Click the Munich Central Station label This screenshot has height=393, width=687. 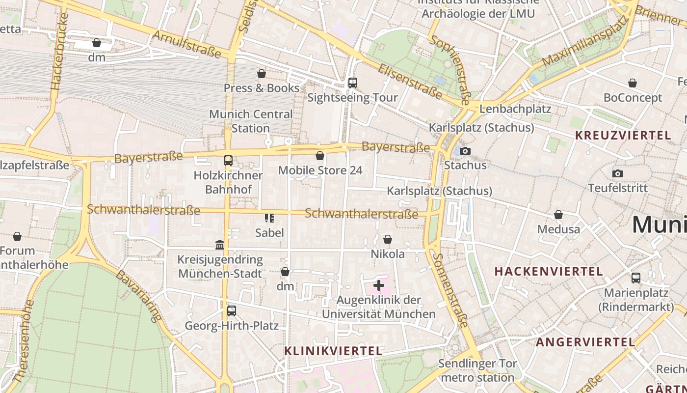click(x=251, y=121)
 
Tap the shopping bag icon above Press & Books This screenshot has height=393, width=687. click(x=262, y=74)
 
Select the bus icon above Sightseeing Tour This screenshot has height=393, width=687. click(x=352, y=83)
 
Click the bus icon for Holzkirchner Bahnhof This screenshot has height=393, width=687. click(x=228, y=161)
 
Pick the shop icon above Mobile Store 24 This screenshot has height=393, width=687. click(x=320, y=156)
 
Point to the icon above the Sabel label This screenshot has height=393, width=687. click(x=269, y=218)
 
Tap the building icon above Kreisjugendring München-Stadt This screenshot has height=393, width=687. click(x=220, y=245)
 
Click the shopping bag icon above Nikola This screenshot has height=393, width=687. click(x=388, y=239)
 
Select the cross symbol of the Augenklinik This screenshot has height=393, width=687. click(x=379, y=285)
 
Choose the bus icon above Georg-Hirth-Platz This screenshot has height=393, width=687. click(x=231, y=311)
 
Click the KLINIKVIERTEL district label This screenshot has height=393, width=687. click(x=333, y=351)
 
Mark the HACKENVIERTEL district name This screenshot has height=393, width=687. click(x=549, y=271)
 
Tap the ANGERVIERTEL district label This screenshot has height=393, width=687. click(x=585, y=342)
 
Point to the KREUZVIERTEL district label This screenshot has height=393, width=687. click(x=623, y=136)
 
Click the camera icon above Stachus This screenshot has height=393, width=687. click(x=465, y=151)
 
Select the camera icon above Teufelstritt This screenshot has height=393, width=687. click(x=618, y=173)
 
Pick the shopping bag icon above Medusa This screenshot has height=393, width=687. click(x=558, y=215)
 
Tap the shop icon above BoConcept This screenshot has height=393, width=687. click(x=633, y=84)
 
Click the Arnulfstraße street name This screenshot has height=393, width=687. click(x=187, y=44)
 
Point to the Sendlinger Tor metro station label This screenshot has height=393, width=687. click(x=477, y=370)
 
